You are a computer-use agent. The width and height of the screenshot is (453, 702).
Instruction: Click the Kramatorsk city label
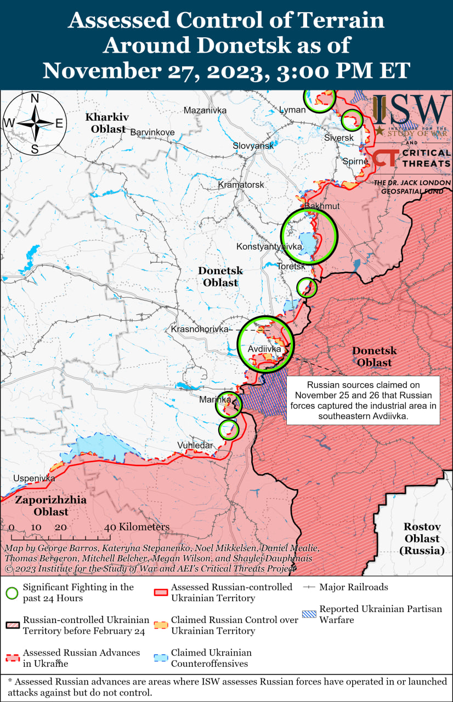241,185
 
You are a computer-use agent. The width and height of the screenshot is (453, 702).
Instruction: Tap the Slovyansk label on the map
253,146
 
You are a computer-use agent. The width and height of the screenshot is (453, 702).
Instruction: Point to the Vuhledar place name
195,445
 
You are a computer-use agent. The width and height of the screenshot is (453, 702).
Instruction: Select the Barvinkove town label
152,132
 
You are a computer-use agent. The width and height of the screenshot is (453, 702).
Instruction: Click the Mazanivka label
205,110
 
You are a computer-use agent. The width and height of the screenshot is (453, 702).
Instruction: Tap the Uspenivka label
34,478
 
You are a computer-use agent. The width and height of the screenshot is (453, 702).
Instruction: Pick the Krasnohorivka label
199,329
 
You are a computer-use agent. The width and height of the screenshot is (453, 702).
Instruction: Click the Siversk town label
339,138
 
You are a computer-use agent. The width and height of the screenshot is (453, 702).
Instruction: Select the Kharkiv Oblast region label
106,123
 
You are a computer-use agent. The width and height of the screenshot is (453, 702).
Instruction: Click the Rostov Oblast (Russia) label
422,538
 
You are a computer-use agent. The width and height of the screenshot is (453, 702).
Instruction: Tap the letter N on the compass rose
34,99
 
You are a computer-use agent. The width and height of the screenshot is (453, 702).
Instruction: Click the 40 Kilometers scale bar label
137,527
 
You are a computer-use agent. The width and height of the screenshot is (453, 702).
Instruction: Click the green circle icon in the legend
11,593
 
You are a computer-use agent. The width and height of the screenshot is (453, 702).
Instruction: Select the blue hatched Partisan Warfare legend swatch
309,609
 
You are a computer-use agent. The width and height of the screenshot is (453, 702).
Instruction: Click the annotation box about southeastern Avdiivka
363,400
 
